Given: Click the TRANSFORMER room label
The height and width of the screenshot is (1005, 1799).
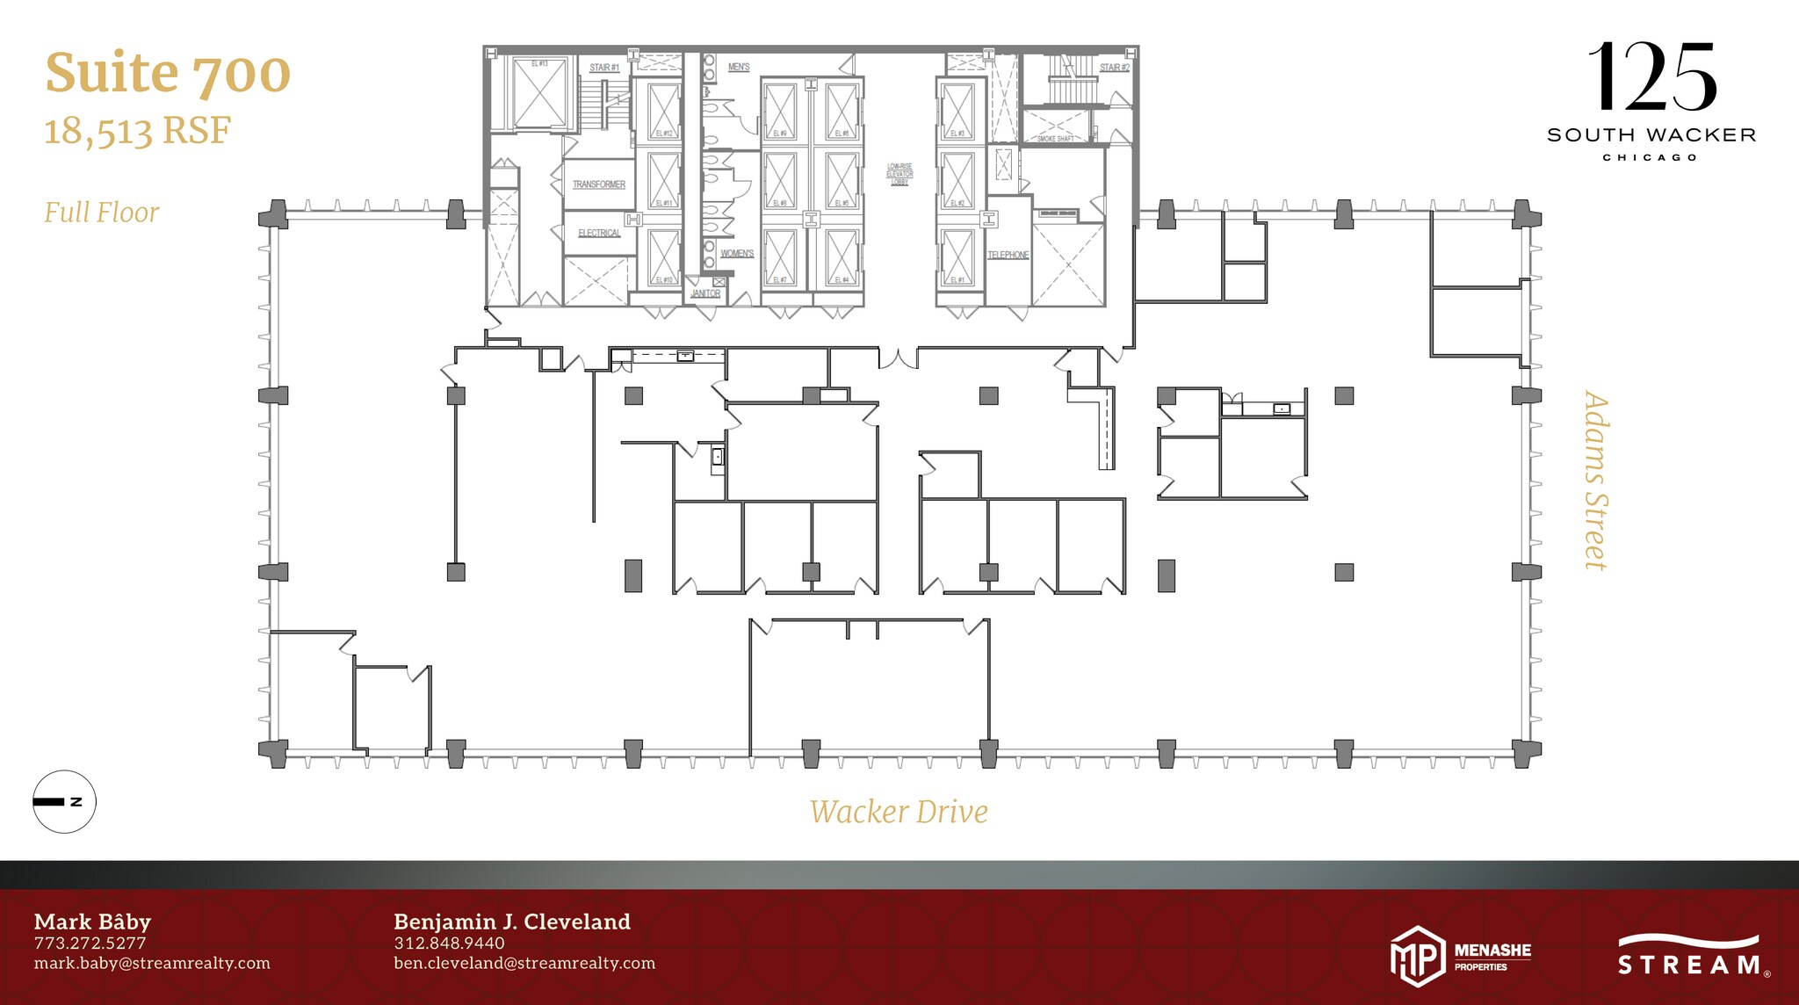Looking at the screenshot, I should (599, 184).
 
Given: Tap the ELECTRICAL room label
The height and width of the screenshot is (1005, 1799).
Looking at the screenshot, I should (599, 233).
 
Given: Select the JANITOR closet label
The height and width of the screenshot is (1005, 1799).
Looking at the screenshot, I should (705, 293).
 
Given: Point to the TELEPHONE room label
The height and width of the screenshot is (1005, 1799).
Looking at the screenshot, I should (1008, 255).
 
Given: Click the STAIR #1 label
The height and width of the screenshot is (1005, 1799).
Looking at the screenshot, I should (604, 68).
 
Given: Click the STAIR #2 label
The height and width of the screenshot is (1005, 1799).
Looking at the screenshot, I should (1114, 68).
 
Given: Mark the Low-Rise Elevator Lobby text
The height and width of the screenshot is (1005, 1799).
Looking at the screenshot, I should (899, 174).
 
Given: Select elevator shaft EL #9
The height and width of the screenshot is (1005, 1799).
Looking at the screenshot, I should (780, 112).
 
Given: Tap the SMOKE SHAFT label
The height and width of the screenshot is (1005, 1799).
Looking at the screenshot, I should (1055, 139).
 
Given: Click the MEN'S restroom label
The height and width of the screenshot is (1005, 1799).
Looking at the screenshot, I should (739, 67).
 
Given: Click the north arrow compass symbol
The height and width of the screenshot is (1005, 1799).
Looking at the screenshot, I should (64, 801).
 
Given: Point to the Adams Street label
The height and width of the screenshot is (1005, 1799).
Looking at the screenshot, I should (1595, 481).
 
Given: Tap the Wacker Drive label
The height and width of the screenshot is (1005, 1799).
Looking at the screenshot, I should (899, 812).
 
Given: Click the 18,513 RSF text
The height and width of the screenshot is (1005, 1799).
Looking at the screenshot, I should (137, 131).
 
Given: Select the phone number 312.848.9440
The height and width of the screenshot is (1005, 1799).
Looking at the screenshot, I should (449, 943).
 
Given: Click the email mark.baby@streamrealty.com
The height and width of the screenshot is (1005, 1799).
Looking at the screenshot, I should (152, 963).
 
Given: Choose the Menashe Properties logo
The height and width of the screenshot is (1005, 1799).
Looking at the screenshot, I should (1461, 957).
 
